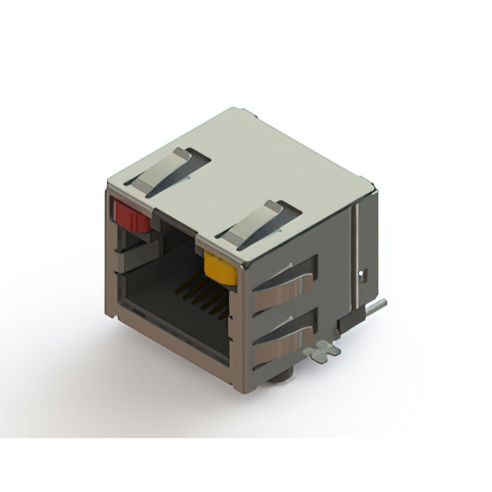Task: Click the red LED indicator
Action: coord(131,214)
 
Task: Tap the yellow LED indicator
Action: coord(220,269)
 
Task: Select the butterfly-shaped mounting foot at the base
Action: coord(321,351)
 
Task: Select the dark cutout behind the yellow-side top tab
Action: coord(284,216)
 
